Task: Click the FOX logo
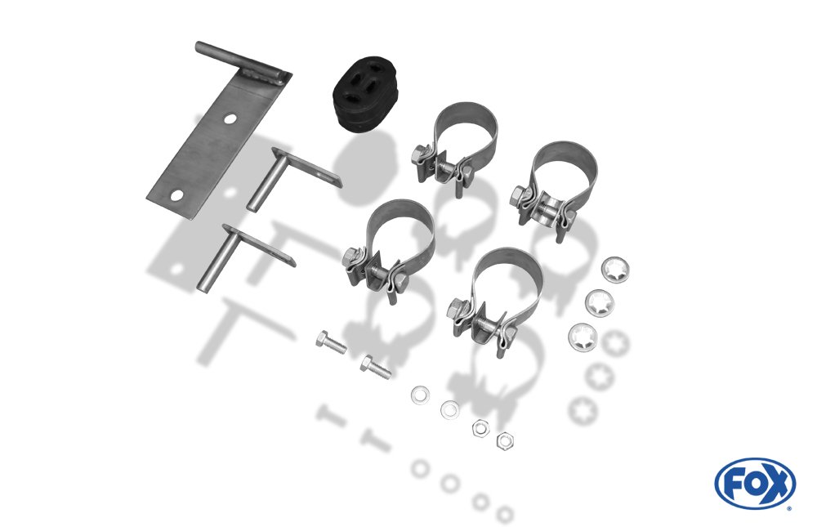tap(755, 483)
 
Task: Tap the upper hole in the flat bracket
tap(230, 119)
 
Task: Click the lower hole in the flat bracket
tap(177, 195)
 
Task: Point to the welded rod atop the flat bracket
tap(242, 63)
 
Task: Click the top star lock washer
tap(615, 270)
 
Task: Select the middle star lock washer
tap(600, 303)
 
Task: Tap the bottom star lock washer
tap(583, 337)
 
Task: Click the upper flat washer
tap(421, 395)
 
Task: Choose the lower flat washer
tap(449, 409)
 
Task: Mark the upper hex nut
tap(480, 428)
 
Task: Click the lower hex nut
tap(505, 441)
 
